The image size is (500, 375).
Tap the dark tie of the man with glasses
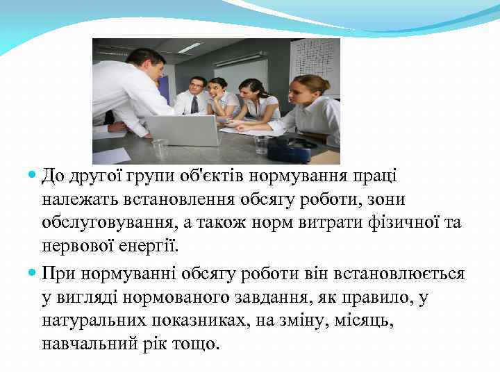[194, 104]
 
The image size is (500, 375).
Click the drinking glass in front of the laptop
[160, 148]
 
